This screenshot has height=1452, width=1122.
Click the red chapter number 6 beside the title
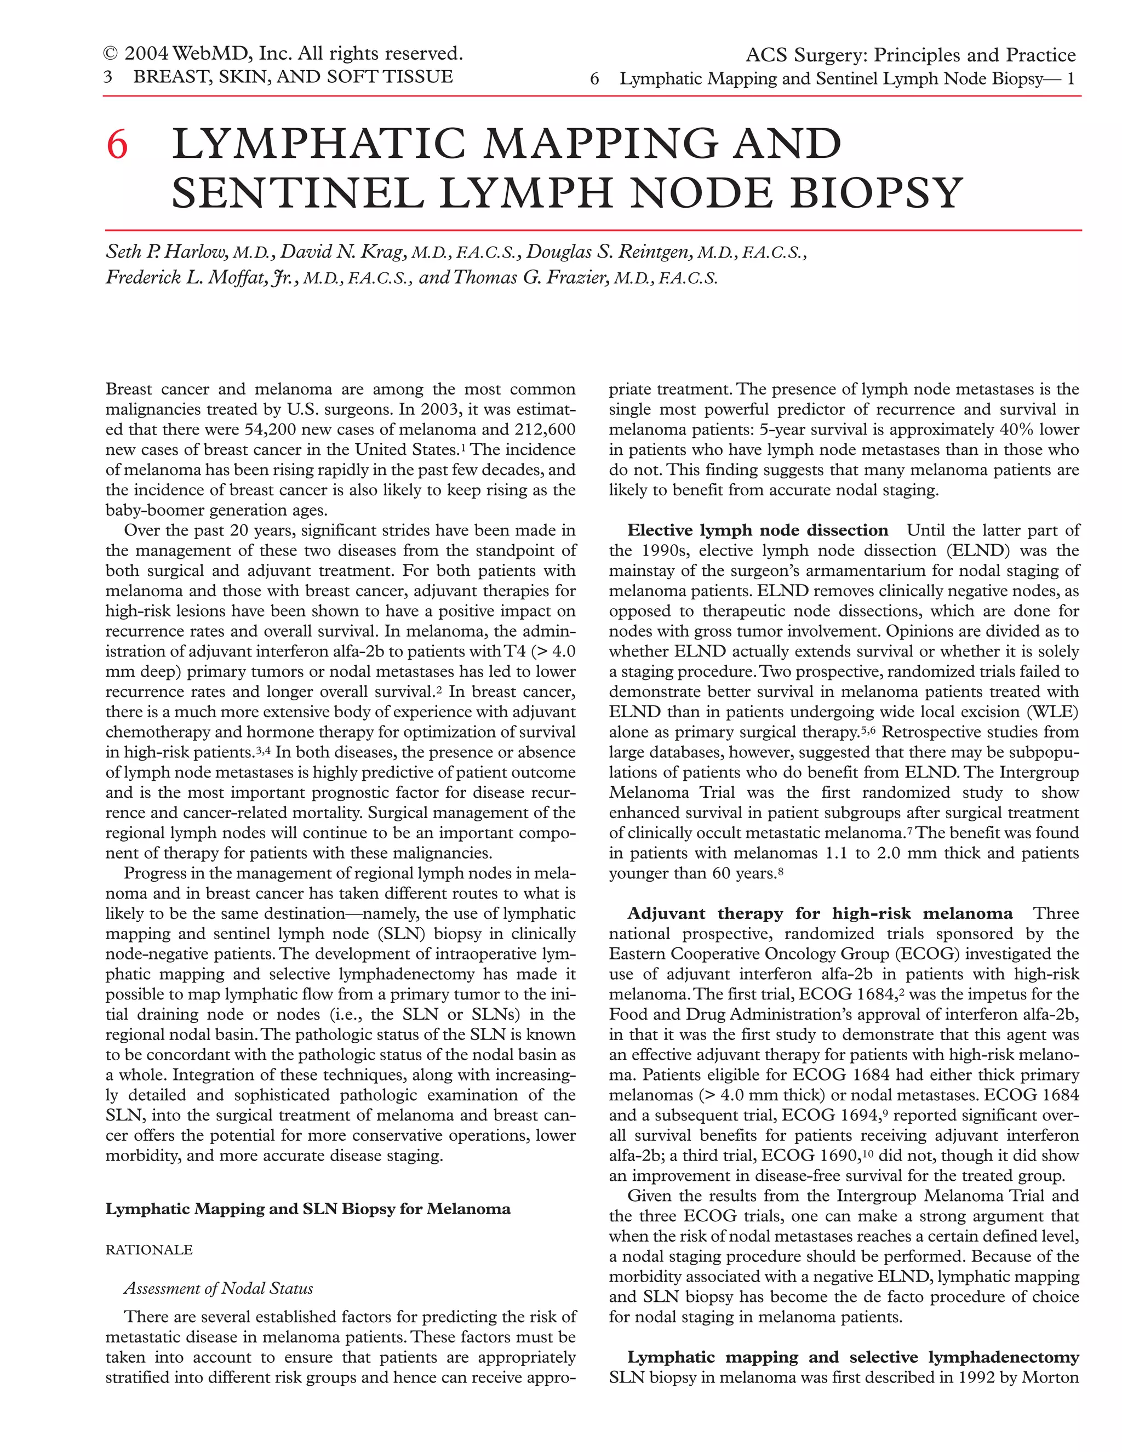117,145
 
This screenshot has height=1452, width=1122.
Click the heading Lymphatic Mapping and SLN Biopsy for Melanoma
308,1209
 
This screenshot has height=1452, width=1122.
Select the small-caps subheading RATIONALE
149,1250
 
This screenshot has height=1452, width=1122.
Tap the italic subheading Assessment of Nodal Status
218,1289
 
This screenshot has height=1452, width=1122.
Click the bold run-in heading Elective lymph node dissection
758,530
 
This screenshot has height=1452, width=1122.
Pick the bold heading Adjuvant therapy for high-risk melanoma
820,913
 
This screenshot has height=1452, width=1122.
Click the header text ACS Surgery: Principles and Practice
910,55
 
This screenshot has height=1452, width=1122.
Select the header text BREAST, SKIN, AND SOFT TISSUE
293,77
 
